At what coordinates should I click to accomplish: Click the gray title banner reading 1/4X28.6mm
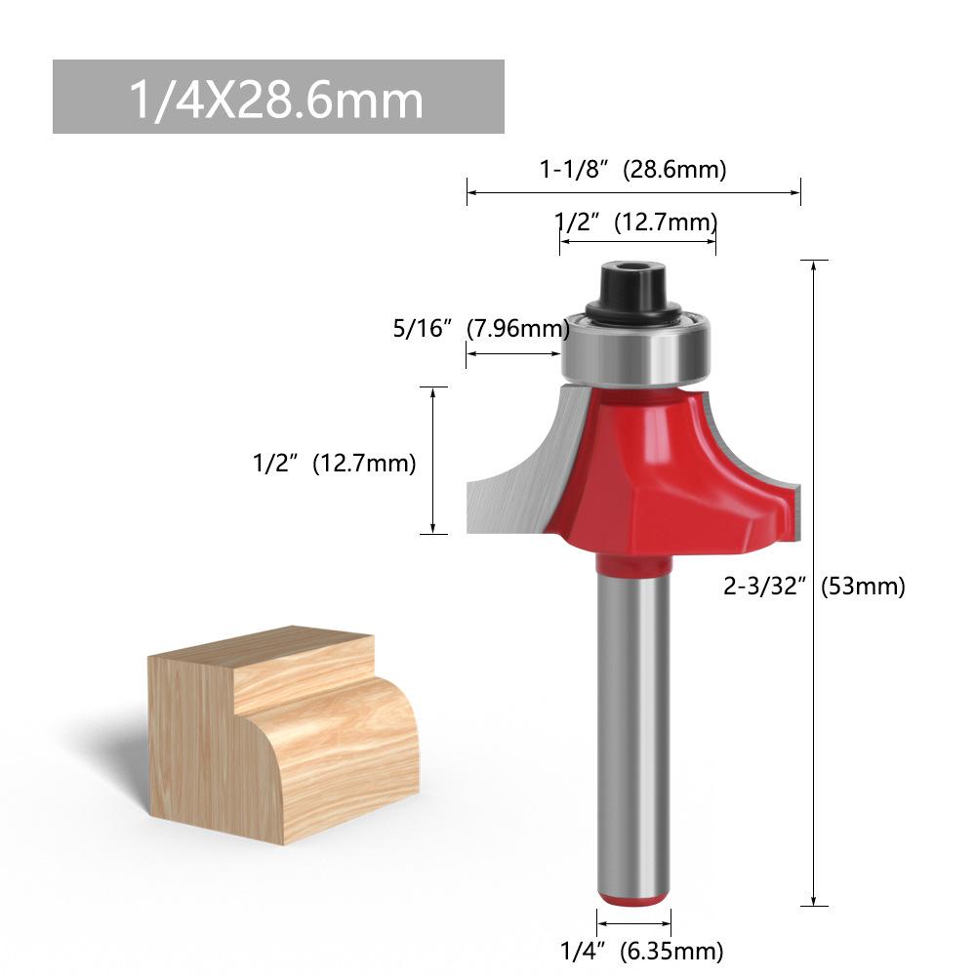pyautogui.click(x=278, y=97)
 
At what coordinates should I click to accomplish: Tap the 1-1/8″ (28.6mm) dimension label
pyautogui.click(x=632, y=169)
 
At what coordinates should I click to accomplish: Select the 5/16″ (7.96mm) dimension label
pyautogui.click(x=481, y=328)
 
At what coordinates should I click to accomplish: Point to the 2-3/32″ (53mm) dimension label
pyautogui.click(x=814, y=586)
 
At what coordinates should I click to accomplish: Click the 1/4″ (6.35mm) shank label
pyautogui.click(x=642, y=951)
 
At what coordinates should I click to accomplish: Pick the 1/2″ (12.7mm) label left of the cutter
pyautogui.click(x=334, y=463)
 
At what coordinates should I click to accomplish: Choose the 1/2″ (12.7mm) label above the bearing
pyautogui.click(x=635, y=223)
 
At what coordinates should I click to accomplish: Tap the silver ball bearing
pyautogui.click(x=635, y=350)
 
